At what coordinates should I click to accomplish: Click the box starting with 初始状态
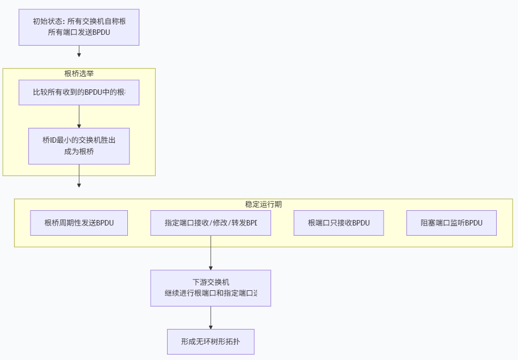point(79,27)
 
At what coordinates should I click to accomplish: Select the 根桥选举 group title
point(79,74)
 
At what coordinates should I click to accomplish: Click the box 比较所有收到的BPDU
point(79,93)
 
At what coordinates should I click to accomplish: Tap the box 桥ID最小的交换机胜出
point(79,146)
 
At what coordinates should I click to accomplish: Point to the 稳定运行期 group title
point(263,204)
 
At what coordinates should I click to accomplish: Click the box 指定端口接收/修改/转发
point(211,223)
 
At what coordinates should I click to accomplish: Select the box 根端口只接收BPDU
point(338,223)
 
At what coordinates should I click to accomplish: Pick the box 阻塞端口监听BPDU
point(451,223)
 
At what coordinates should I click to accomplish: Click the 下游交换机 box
point(211,288)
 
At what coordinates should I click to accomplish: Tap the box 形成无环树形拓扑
point(211,342)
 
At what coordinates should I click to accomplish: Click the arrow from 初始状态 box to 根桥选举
point(79,51)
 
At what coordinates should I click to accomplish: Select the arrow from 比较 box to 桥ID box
point(79,116)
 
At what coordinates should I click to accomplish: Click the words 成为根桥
point(79,151)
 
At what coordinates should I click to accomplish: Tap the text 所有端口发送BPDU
point(79,32)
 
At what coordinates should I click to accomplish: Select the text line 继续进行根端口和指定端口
point(211,293)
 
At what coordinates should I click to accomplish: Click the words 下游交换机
point(211,282)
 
